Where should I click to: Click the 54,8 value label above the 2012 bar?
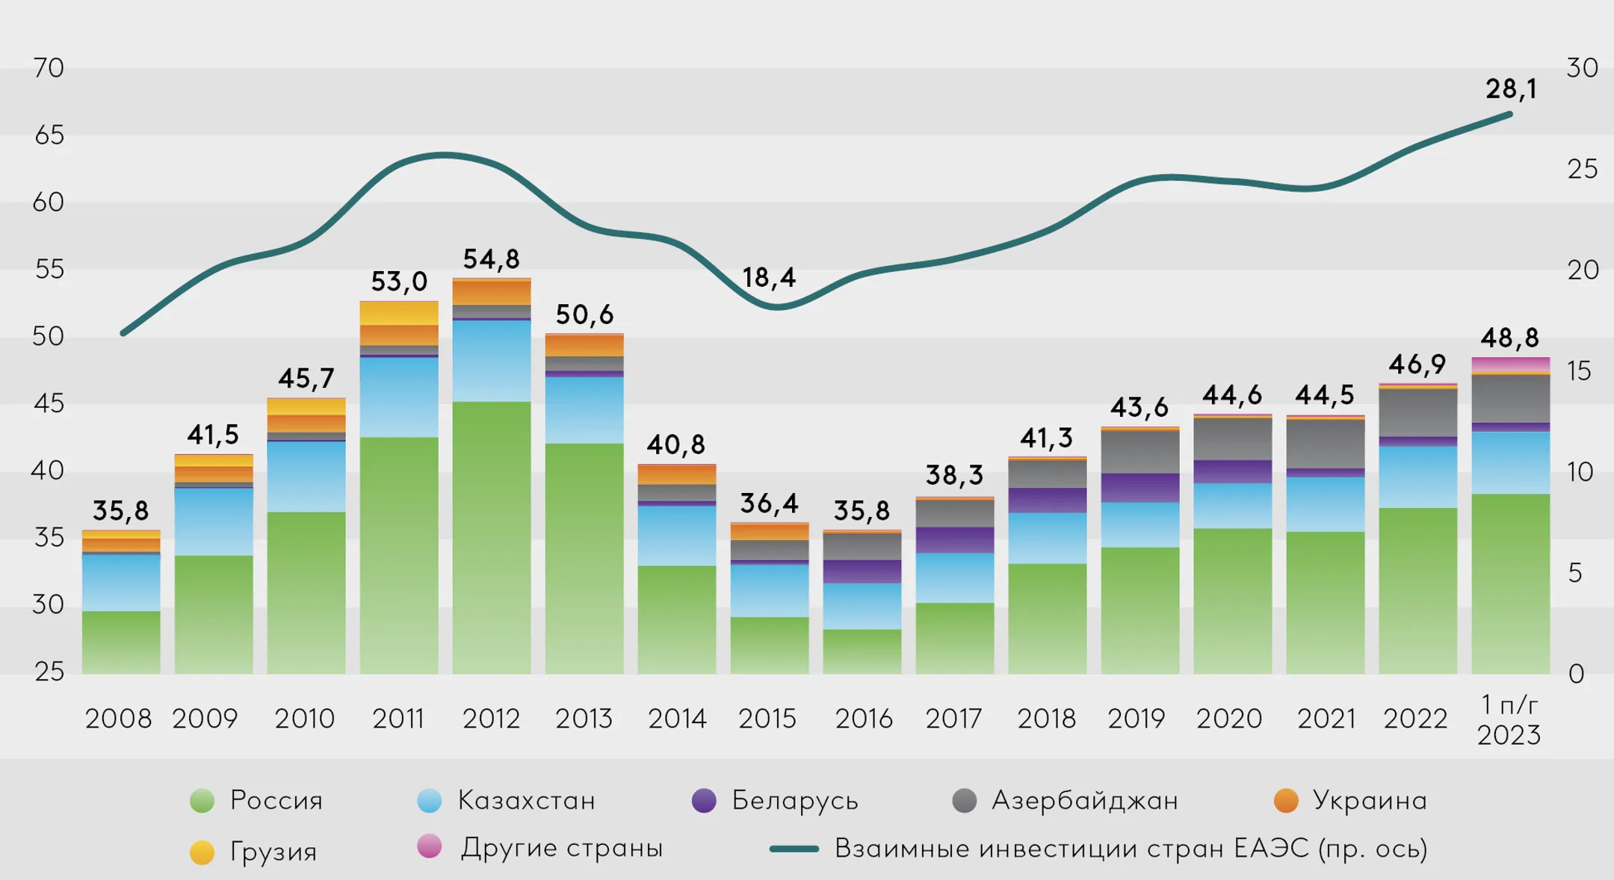491,259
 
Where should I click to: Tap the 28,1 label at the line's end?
1511,89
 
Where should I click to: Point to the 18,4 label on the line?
769,278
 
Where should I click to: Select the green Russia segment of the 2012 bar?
492,538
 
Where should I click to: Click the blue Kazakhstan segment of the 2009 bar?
214,521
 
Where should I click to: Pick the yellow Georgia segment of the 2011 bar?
399,313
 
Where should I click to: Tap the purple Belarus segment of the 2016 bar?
862,571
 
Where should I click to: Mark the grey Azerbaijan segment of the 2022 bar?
1417,412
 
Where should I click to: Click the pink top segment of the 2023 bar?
1510,364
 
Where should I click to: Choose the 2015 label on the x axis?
767,719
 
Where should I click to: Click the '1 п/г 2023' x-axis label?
1509,720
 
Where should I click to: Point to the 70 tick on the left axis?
49,68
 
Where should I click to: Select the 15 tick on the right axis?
1579,371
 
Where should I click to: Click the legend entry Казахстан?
526,800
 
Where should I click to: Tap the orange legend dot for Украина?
1286,800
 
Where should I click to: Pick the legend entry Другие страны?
561,848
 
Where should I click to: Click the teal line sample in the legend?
794,849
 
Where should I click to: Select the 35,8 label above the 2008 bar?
120,511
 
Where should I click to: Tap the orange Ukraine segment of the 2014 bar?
677,474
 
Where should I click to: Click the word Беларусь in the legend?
794,800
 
